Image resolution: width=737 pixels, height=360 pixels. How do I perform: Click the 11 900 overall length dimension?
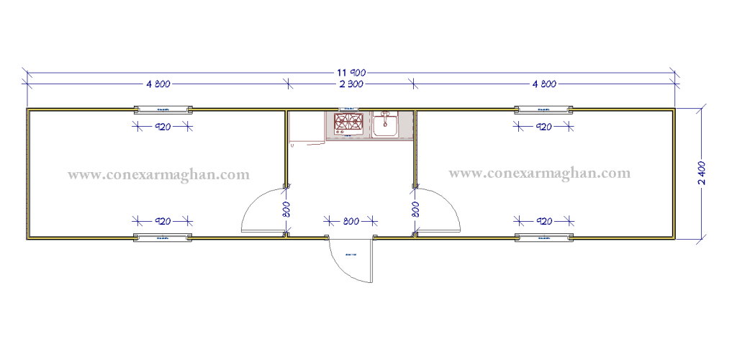(x=351, y=72)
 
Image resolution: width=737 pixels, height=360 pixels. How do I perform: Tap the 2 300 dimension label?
(x=351, y=84)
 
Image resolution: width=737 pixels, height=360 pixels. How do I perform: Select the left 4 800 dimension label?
(x=158, y=84)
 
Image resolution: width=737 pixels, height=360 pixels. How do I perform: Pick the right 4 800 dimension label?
(x=544, y=84)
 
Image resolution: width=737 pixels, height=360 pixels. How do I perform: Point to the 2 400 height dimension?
(x=702, y=173)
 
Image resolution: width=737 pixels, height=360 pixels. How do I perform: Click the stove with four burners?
(x=348, y=123)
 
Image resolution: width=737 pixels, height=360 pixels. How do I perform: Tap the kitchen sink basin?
(x=386, y=125)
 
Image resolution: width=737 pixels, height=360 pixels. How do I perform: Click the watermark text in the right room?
(x=539, y=173)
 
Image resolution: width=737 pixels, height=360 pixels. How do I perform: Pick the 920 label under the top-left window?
(x=163, y=127)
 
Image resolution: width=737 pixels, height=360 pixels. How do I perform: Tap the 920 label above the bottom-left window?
(x=163, y=220)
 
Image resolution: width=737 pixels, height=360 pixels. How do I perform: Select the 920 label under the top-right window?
(x=543, y=127)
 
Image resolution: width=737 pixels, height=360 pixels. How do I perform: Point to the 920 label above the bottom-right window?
(x=543, y=220)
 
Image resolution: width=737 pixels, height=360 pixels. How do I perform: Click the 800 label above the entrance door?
(x=351, y=221)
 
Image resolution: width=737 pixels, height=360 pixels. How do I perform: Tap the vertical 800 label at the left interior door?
(x=286, y=210)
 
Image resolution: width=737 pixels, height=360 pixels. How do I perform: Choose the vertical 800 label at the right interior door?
(x=415, y=210)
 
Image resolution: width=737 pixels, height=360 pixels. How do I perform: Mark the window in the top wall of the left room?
(x=163, y=110)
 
